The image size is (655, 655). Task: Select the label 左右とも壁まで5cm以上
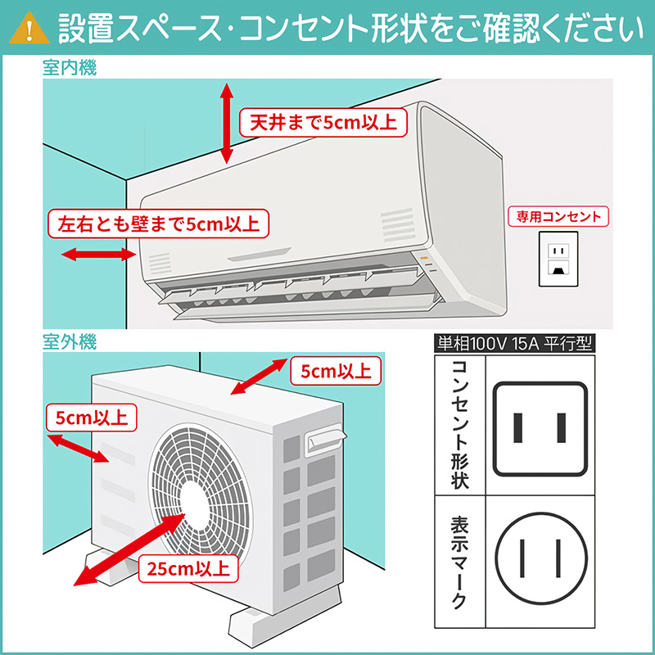[157, 223]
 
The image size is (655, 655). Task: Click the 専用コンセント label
[558, 216]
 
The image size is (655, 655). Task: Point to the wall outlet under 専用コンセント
[558, 258]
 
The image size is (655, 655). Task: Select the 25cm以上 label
[187, 566]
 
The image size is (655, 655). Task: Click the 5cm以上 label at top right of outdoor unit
[336, 371]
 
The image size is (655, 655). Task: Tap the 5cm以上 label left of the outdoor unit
[91, 418]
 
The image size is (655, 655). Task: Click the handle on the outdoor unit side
[322, 441]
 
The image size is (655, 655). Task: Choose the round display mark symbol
[540, 562]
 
